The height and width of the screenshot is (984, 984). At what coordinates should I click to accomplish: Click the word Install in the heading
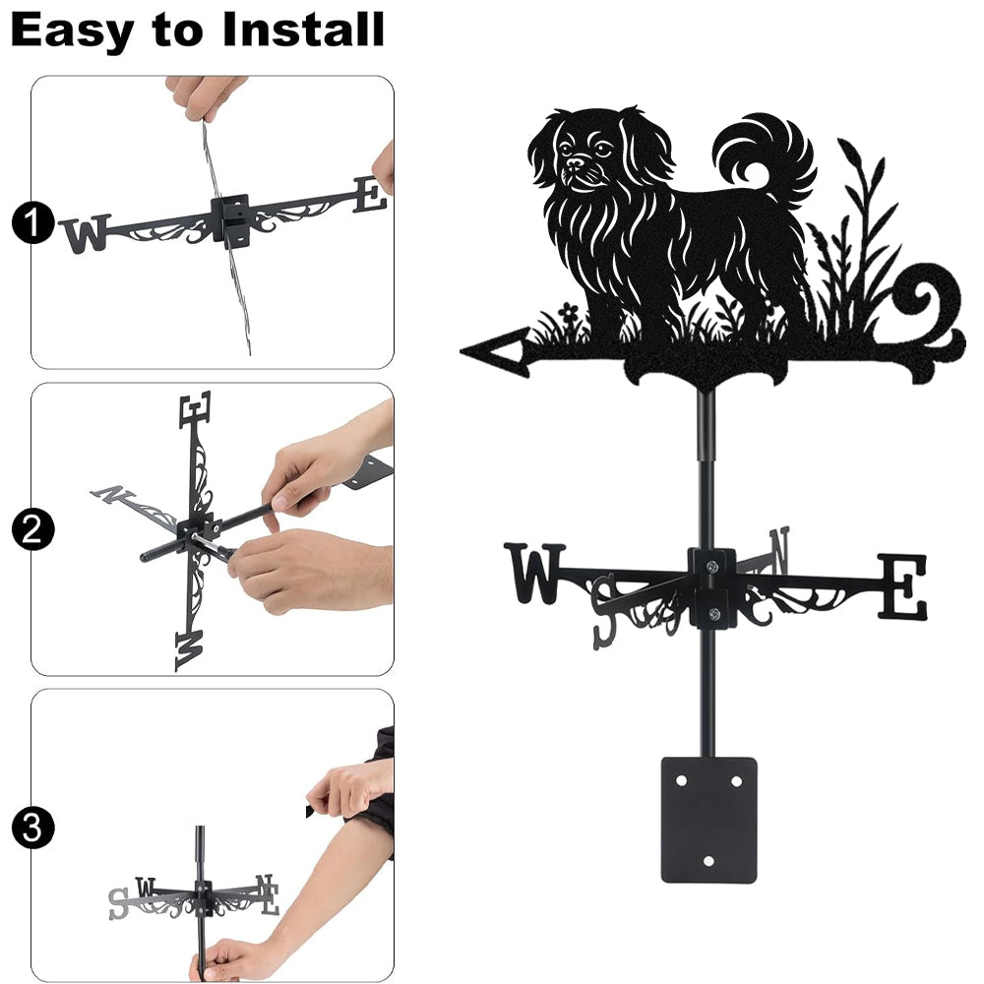[x=303, y=30]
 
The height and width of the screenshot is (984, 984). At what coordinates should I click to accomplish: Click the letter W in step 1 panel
[x=86, y=233]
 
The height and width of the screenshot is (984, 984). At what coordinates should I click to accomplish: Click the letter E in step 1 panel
[x=370, y=195]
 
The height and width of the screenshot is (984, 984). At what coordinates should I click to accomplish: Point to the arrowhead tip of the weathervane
[x=461, y=351]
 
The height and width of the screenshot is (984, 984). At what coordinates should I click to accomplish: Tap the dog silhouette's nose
[x=575, y=162]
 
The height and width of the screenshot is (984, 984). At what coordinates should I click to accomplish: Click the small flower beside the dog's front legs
[x=568, y=311]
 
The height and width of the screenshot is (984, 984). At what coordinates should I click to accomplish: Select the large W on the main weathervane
[x=535, y=573]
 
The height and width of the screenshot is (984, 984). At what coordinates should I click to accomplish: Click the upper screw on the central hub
[x=711, y=568]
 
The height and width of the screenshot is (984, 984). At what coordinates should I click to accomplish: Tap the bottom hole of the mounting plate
[x=709, y=861]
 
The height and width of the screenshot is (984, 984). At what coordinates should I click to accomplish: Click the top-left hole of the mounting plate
[x=682, y=781]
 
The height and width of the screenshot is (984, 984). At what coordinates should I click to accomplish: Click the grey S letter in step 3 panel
[x=118, y=903]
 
